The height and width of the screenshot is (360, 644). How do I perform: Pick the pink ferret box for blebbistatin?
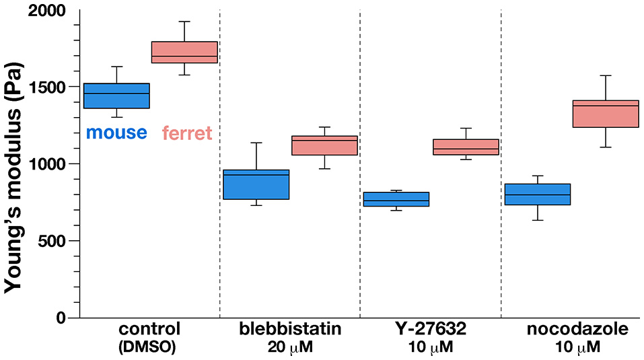pos(324,145)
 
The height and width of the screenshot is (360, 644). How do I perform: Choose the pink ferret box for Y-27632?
pos(466,147)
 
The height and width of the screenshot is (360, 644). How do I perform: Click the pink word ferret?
pos(188,133)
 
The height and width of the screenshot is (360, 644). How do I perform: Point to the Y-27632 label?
pos(430,330)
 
